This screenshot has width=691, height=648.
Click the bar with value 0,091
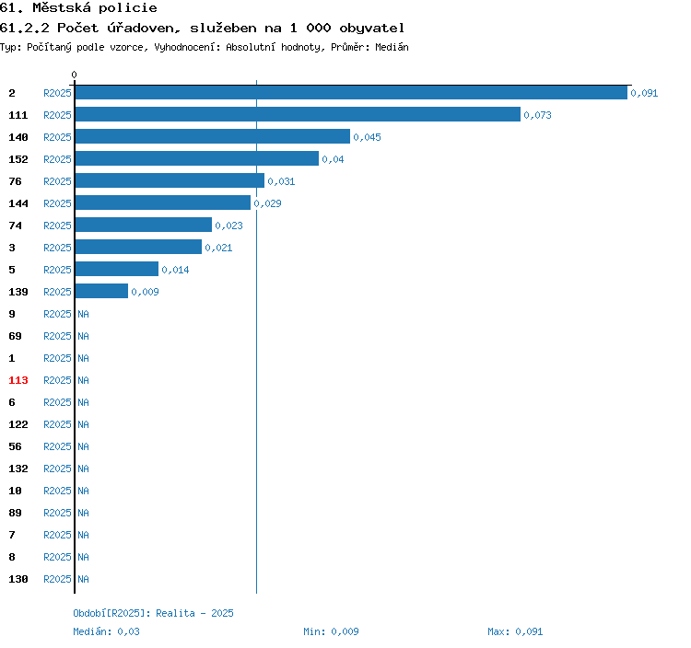[x=351, y=93]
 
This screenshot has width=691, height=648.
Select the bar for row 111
[x=298, y=114]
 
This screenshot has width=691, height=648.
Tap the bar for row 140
[x=213, y=136]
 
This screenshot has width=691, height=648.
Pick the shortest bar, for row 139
[x=101, y=291]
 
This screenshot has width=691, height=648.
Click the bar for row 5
[x=117, y=269]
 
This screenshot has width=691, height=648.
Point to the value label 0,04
[x=333, y=159]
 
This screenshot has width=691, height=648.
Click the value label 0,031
[x=281, y=181]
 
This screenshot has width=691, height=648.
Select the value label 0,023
[x=228, y=226]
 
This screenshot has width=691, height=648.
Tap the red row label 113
[x=18, y=380]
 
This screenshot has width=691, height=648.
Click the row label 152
[x=18, y=159]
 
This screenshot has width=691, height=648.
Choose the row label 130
[x=18, y=579]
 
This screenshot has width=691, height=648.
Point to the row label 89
[x=15, y=513]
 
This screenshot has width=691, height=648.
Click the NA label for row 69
[x=83, y=336]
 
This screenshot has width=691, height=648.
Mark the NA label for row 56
[x=83, y=446]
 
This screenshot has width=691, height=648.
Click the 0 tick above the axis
[x=74, y=75]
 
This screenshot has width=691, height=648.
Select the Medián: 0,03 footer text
[x=106, y=631]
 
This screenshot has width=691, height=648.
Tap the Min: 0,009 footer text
[x=331, y=631]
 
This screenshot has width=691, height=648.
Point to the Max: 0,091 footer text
[x=515, y=631]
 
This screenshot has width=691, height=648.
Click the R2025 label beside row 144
[x=57, y=203]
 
